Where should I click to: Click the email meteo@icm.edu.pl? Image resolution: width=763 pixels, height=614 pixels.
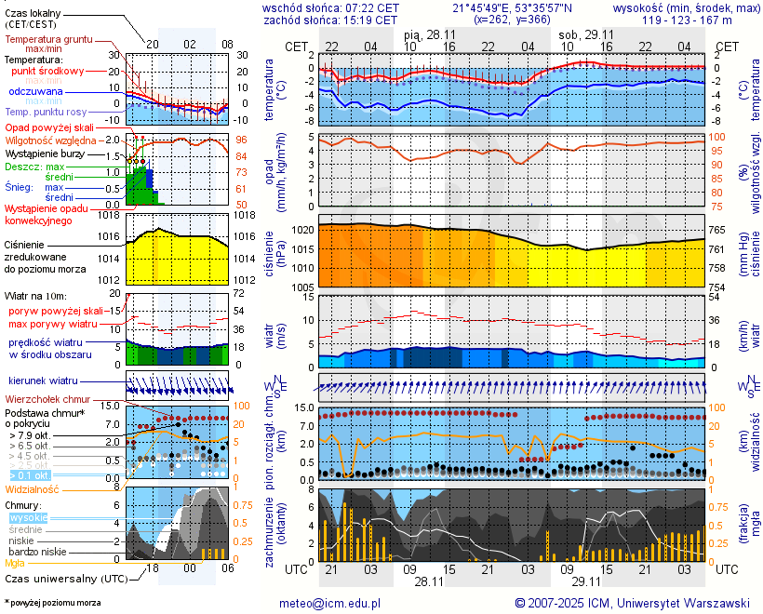tap(330, 603)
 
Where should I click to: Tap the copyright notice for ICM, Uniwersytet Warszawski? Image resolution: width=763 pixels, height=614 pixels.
tap(633, 603)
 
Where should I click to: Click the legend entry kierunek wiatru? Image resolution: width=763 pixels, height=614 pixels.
tap(43, 381)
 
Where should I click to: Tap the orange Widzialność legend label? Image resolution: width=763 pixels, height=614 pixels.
tap(32, 488)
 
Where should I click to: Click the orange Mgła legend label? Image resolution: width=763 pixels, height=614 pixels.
tap(15, 563)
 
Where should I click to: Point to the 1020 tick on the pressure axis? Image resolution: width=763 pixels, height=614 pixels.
tap(303, 230)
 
